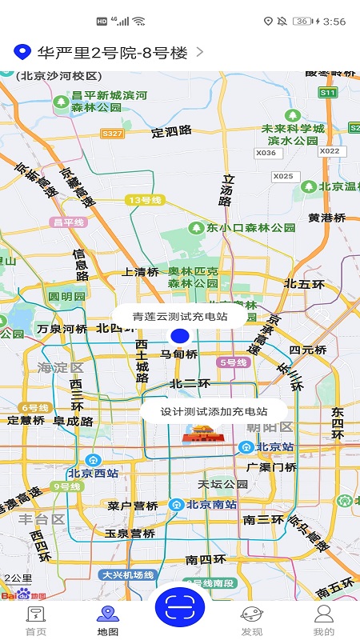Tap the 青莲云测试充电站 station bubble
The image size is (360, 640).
point(180,316)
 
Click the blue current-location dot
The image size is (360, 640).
point(180,336)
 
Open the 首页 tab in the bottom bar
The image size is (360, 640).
point(35,621)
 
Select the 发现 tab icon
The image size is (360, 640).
point(251,621)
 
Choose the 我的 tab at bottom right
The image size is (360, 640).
point(323,621)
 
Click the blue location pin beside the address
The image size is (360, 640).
point(23,53)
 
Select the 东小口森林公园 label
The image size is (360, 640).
point(240,228)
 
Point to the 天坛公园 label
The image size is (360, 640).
point(223,484)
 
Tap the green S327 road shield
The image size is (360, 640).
point(113,134)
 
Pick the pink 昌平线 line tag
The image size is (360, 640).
point(68,222)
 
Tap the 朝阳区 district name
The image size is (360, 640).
point(270,428)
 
